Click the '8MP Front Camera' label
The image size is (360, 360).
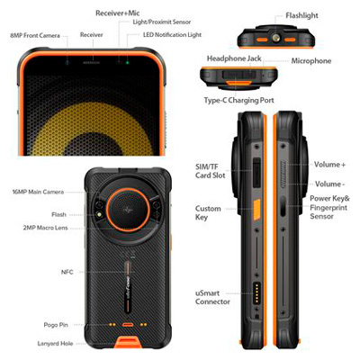pyautogui.click(x=35, y=35)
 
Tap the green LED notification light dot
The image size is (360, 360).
pyautogui.click(x=128, y=62)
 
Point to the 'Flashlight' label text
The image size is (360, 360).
pyautogui.click(x=301, y=15)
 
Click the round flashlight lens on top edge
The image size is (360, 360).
pyautogui.click(x=275, y=38)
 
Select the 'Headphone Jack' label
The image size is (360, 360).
pyautogui.click(x=234, y=58)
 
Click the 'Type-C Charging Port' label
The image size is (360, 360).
pyautogui.click(x=239, y=100)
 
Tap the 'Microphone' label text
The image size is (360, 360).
pyautogui.click(x=311, y=61)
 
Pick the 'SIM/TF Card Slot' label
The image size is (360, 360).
pyautogui.click(x=211, y=171)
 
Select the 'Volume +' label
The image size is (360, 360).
pyautogui.click(x=329, y=165)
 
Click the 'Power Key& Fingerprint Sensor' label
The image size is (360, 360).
pyautogui.click(x=329, y=207)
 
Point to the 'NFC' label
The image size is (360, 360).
pyautogui.click(x=67, y=272)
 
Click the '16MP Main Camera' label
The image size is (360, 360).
pyautogui.click(x=38, y=192)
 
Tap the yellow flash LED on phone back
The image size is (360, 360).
pyautogui.click(x=98, y=215)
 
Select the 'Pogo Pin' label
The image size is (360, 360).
pyautogui.click(x=56, y=325)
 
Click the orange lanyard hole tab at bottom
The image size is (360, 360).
pyautogui.click(x=129, y=343)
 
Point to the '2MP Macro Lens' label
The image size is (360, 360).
pyautogui.click(x=45, y=228)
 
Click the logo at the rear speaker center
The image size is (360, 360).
pyautogui.click(x=128, y=210)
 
